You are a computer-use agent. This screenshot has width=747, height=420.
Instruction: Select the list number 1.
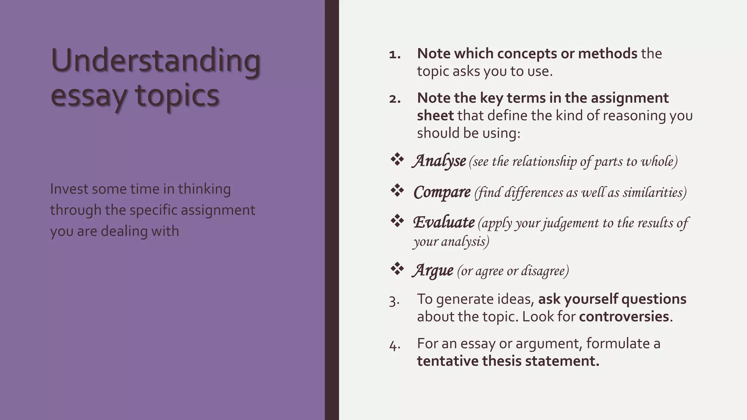395,55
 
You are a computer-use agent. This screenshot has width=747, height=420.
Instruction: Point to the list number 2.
395,99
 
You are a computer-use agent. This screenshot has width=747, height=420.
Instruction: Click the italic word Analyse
440,161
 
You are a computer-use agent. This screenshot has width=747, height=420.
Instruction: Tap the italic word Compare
442,192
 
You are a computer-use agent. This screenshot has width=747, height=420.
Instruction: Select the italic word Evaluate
444,222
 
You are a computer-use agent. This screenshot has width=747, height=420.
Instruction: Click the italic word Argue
433,271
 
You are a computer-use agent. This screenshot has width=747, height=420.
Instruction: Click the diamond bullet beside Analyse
397,159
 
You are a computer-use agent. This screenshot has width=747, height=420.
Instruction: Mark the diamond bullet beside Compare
397,190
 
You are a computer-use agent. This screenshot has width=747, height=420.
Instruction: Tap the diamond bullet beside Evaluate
397,221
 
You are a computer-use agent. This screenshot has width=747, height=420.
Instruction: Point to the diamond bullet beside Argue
397,269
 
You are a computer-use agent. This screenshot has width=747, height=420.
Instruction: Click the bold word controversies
624,316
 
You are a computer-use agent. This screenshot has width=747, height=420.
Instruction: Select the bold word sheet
435,116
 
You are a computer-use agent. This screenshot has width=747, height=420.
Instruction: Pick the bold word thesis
501,361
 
